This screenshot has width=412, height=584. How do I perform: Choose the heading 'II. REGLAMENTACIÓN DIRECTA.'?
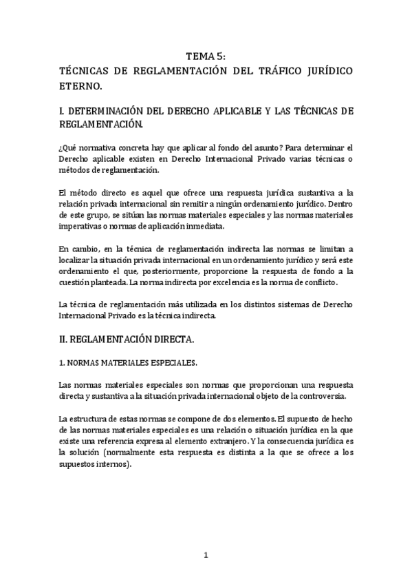coord(127,339)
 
